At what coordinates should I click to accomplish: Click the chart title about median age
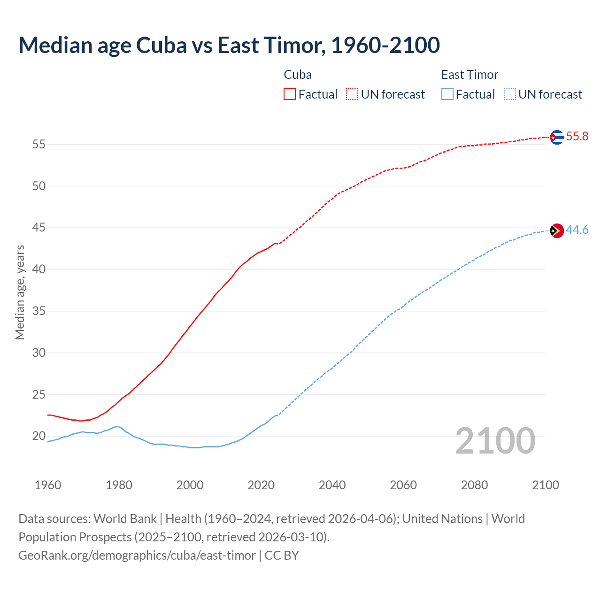tap(229, 45)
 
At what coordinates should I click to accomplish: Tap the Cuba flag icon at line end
tap(556, 137)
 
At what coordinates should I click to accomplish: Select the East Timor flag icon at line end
tap(556, 231)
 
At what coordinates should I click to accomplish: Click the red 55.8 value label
tap(577, 137)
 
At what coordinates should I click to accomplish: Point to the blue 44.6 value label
tap(577, 230)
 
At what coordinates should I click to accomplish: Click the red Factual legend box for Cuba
tap(290, 94)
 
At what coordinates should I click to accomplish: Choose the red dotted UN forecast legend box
tap(352, 94)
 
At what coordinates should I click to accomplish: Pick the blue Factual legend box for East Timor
tap(447, 94)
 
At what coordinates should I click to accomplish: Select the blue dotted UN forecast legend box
tap(509, 94)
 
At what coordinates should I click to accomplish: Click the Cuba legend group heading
tap(298, 75)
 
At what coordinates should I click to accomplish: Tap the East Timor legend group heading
tap(470, 75)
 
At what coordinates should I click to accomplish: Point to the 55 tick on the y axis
tap(39, 144)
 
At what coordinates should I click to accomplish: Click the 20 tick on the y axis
tap(39, 436)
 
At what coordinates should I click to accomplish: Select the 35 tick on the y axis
tap(39, 311)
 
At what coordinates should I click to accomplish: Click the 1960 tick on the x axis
tap(48, 485)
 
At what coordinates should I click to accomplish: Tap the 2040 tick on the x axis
tap(332, 485)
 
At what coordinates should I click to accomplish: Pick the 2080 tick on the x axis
tap(474, 485)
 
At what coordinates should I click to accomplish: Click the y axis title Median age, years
tap(20, 292)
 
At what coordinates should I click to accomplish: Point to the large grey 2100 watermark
tap(495, 441)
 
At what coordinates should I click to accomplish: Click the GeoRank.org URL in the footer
tap(137, 555)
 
